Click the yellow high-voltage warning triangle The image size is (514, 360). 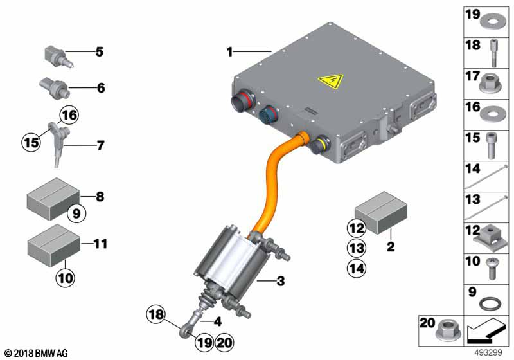coord(330,81)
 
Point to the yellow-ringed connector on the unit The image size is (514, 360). coord(319,145)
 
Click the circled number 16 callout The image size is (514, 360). coord(69,115)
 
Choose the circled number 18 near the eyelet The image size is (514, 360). coord(155,314)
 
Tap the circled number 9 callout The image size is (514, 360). coord(76,213)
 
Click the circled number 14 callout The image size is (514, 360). coord(357,268)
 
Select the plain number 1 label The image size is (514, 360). coord(230,52)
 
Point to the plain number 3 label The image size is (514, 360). coord(281,281)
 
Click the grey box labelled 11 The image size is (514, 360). coord(54,245)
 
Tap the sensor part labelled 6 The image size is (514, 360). coord(54,87)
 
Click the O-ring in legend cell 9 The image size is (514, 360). coord(490,303)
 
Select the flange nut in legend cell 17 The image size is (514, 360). coord(490,84)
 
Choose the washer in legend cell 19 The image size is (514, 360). coord(493,22)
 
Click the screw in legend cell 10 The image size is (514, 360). coord(492,269)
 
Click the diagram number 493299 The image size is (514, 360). coord(488,352)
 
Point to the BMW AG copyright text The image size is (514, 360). coord(37,353)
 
